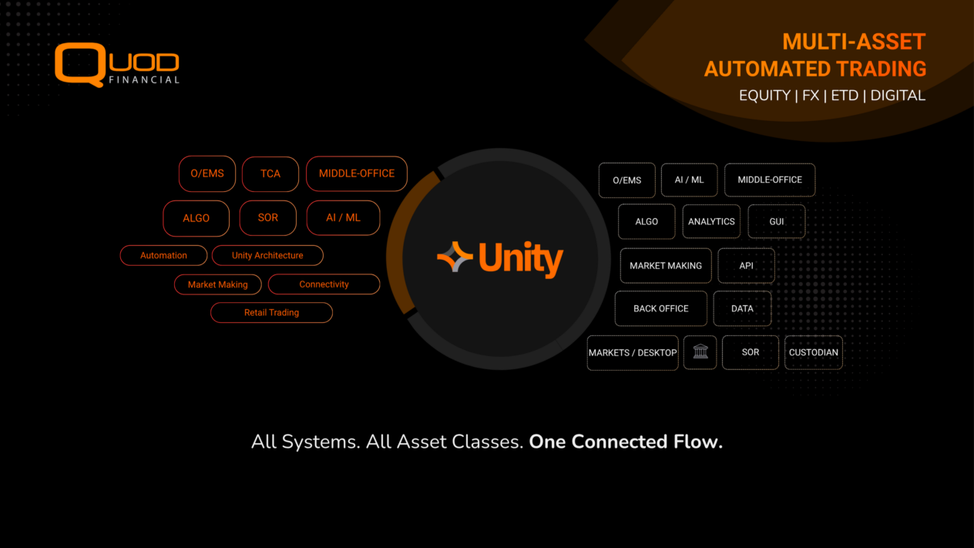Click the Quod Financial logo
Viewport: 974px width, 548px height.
(x=117, y=65)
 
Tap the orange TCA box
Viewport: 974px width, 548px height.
(x=270, y=173)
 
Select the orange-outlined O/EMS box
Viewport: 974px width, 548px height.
(x=207, y=173)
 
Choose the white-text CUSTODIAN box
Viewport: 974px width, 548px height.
(x=813, y=352)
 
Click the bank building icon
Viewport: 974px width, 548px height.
(x=700, y=352)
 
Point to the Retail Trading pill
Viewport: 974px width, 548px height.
(x=271, y=312)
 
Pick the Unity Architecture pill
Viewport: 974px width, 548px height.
(x=267, y=255)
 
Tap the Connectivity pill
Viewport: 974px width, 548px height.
(x=324, y=284)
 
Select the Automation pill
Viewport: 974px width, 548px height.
(x=163, y=255)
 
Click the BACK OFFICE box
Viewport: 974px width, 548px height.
(x=660, y=308)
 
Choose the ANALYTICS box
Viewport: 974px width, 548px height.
(x=710, y=221)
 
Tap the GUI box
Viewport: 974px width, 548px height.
(x=776, y=221)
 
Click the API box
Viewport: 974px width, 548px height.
(x=746, y=265)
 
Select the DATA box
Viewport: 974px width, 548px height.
(x=742, y=308)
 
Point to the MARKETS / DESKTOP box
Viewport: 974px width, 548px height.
(x=633, y=352)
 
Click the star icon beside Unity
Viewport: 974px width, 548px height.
(x=455, y=257)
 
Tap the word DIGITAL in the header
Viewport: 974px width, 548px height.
(x=898, y=96)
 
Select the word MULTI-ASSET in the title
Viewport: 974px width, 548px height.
(x=854, y=42)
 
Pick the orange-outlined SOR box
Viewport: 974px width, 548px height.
(x=268, y=217)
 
